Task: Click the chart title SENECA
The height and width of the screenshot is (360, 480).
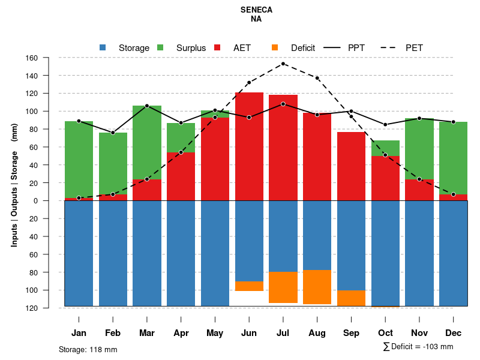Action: click(256, 10)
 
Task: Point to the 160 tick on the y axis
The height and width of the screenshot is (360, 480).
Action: click(48, 58)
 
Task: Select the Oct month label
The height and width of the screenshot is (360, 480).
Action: click(385, 333)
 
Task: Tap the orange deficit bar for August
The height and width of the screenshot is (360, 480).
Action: click(317, 287)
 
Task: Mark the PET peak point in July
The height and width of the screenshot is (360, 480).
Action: click(283, 64)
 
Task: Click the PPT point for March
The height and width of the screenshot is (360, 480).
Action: click(147, 106)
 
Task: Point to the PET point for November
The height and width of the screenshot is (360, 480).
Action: click(419, 179)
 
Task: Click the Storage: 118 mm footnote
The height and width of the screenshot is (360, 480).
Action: click(88, 349)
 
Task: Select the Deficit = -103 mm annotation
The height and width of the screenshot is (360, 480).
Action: click(418, 347)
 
